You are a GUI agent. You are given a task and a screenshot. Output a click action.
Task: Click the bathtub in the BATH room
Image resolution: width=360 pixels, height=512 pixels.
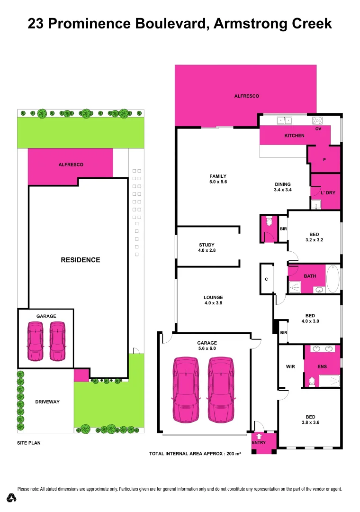(333, 279)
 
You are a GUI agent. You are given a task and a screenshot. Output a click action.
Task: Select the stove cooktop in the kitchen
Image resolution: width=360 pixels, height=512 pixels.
(317, 120)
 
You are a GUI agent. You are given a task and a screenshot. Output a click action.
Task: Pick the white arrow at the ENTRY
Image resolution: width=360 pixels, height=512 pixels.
(259, 436)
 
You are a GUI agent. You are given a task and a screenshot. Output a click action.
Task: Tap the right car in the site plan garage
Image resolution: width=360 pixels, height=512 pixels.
(57, 341)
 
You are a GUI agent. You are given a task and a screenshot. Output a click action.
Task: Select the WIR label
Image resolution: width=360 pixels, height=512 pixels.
(291, 366)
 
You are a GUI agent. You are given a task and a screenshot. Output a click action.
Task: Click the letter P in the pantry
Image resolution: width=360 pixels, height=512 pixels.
(324, 160)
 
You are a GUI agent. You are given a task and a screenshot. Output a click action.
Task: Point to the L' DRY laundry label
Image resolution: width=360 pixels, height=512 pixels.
(328, 193)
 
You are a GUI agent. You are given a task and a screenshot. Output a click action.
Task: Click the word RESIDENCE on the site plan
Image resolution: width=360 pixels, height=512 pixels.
(80, 260)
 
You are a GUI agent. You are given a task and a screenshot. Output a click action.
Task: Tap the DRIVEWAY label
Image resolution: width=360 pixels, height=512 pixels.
(47, 402)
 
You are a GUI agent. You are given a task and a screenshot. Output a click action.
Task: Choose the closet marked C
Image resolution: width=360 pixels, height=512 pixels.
(266, 279)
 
